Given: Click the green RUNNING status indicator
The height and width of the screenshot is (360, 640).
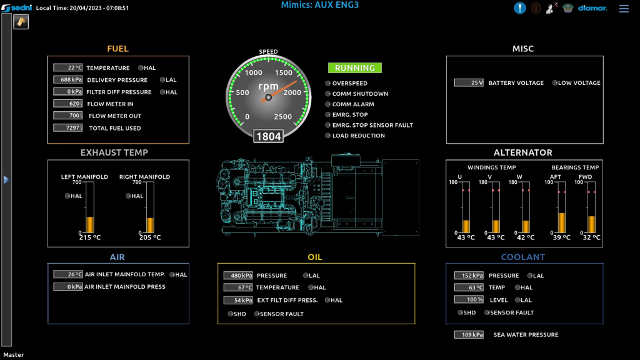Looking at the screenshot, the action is pos(355,67).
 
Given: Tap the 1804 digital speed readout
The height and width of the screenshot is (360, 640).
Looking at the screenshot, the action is pos(268,136).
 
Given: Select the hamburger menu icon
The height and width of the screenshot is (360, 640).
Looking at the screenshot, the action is pos(624,8).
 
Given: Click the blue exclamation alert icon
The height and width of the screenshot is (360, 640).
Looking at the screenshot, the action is pos(519,7).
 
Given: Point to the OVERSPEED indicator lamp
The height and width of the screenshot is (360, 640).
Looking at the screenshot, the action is pos(327,83).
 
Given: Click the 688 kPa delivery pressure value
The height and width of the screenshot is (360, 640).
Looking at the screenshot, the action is pos(67,79).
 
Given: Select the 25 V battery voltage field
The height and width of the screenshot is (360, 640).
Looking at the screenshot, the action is pos(469,83).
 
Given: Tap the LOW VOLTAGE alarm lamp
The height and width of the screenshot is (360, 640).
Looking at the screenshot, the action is pos(555,83).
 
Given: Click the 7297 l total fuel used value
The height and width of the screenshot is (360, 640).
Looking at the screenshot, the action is pos(67,127).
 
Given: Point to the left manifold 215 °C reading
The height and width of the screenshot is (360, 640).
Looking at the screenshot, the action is pos(90,237).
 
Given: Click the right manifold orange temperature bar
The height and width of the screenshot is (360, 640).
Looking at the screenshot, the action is pos(150,225).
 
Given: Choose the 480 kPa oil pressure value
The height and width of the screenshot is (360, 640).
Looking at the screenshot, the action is pos(238,276).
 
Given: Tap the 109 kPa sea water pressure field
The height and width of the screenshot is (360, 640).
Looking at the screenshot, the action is pos(469,335).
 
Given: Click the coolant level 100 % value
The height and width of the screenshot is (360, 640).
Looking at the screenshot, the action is pos(469,299).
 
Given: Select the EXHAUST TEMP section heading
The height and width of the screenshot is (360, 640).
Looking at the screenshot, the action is pos(114,152).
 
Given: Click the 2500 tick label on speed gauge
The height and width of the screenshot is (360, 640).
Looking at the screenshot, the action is pos(283,117).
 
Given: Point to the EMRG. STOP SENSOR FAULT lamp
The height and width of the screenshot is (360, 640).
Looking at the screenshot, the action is pos(327,125).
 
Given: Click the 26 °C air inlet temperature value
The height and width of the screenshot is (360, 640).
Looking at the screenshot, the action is pos(67,274).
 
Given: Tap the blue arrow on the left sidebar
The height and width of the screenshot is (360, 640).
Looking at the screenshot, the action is pos(6,179).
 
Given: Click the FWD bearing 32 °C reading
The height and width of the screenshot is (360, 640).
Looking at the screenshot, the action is pos(591,237).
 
